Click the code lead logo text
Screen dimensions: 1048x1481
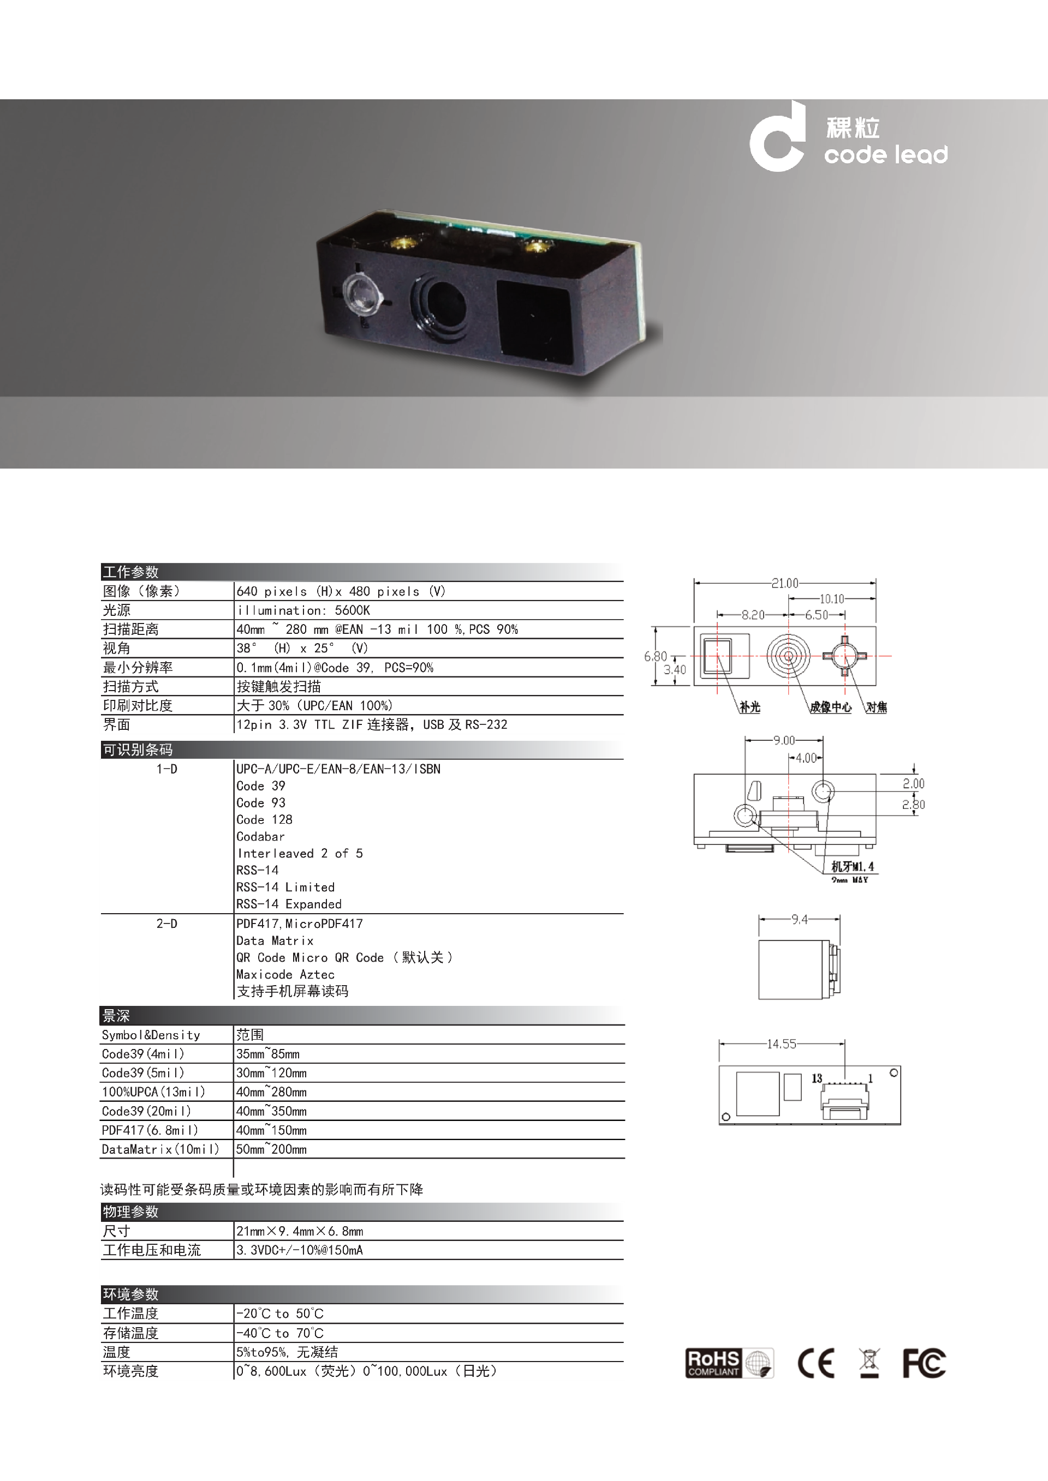tap(886, 155)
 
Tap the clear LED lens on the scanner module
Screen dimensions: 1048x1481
tap(361, 293)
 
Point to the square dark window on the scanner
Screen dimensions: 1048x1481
tap(534, 319)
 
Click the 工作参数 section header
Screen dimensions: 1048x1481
tap(130, 572)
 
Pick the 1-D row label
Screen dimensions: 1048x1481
tap(166, 769)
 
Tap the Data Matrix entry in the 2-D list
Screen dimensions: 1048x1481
tap(275, 940)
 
